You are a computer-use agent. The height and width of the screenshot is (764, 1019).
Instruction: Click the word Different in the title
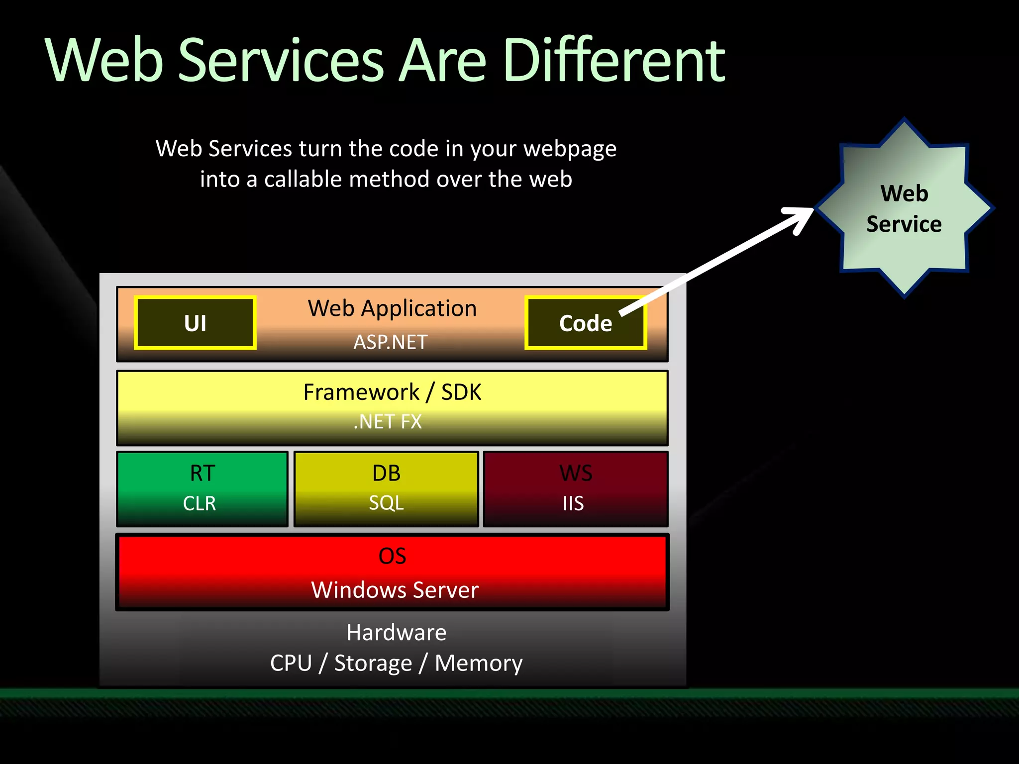pos(614,61)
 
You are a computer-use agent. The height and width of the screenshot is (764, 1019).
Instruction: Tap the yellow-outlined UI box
pos(195,323)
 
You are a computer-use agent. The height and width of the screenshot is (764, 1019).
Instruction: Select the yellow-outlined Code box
pos(585,323)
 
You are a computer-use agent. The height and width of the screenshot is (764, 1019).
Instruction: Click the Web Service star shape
pos(904,208)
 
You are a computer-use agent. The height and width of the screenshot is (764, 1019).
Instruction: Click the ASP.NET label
pos(391,342)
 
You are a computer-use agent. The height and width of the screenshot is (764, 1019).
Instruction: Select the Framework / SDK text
pos(392,392)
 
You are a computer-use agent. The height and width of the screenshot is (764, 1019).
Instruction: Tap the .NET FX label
pos(388,422)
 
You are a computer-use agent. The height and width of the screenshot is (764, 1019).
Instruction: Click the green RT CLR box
pos(202,489)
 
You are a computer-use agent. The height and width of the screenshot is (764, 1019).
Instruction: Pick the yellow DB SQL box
pos(386,489)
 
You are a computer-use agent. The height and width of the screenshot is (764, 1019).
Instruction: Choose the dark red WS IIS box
pos(576,489)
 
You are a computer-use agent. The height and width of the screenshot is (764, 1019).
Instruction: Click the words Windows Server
pos(395,590)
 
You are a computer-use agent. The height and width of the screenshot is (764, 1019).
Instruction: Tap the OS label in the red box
pos(392,556)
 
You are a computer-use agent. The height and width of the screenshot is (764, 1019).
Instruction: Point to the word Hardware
pos(397,633)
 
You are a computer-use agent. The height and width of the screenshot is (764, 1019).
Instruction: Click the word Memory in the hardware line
pos(479,663)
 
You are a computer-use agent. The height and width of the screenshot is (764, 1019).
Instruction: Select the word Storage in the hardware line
pos(373,663)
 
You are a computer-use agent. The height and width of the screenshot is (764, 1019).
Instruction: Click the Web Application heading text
pos(392,308)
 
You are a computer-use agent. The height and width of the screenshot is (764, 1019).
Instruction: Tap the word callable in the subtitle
pos(303,179)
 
